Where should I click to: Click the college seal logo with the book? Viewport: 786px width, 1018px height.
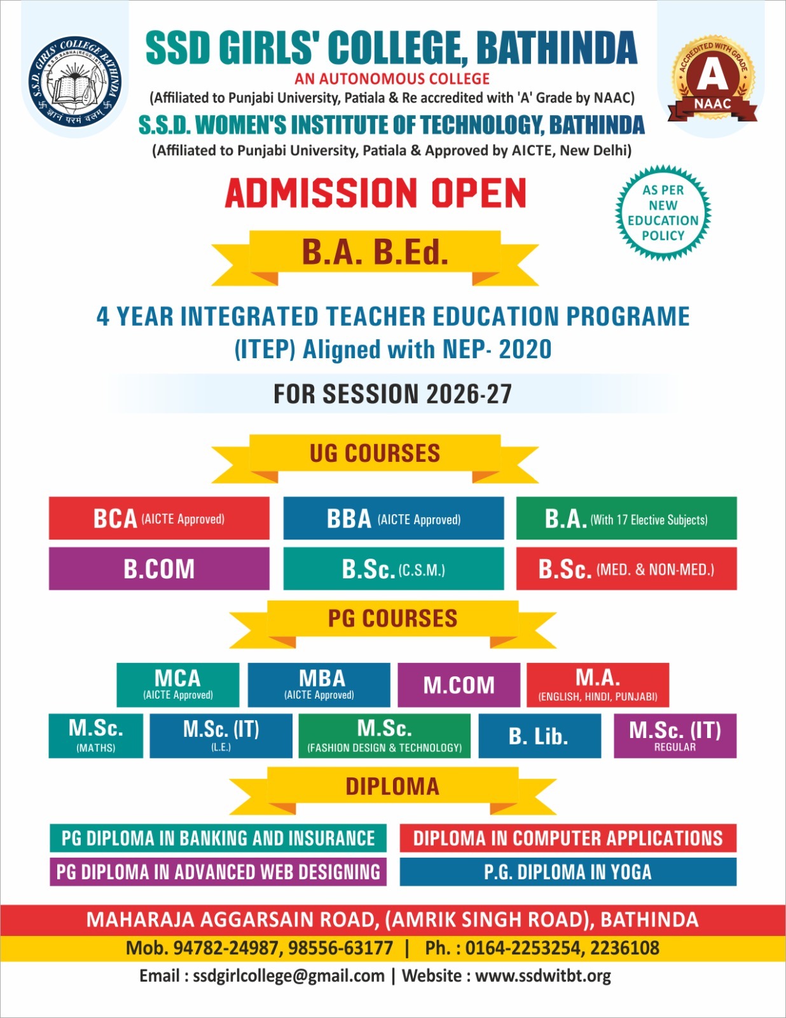(76, 81)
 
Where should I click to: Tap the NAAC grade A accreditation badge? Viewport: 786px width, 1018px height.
(712, 80)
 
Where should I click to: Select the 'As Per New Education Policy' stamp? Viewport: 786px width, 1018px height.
(663, 213)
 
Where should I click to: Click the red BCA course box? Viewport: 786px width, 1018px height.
(159, 519)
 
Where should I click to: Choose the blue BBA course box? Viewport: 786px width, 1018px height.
(394, 519)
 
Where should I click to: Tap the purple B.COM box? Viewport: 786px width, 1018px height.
(159, 569)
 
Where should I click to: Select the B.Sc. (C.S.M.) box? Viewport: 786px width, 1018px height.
(394, 569)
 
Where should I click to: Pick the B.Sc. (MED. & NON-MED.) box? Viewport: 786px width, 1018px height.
(626, 569)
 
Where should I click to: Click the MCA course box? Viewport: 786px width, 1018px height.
(178, 685)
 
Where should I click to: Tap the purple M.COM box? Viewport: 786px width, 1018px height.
(459, 685)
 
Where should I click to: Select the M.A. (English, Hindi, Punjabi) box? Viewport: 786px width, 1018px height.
(598, 685)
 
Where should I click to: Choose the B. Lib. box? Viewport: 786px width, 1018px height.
(539, 736)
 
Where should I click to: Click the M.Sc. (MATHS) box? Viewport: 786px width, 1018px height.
(96, 736)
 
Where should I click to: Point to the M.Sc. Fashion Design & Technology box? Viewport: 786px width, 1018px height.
(385, 736)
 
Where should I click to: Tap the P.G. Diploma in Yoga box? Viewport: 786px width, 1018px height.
(568, 872)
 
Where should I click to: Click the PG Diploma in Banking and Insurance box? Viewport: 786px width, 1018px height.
(218, 838)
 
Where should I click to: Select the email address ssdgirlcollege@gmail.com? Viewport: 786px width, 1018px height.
(289, 976)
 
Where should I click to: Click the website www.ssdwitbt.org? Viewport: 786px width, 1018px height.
(543, 976)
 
